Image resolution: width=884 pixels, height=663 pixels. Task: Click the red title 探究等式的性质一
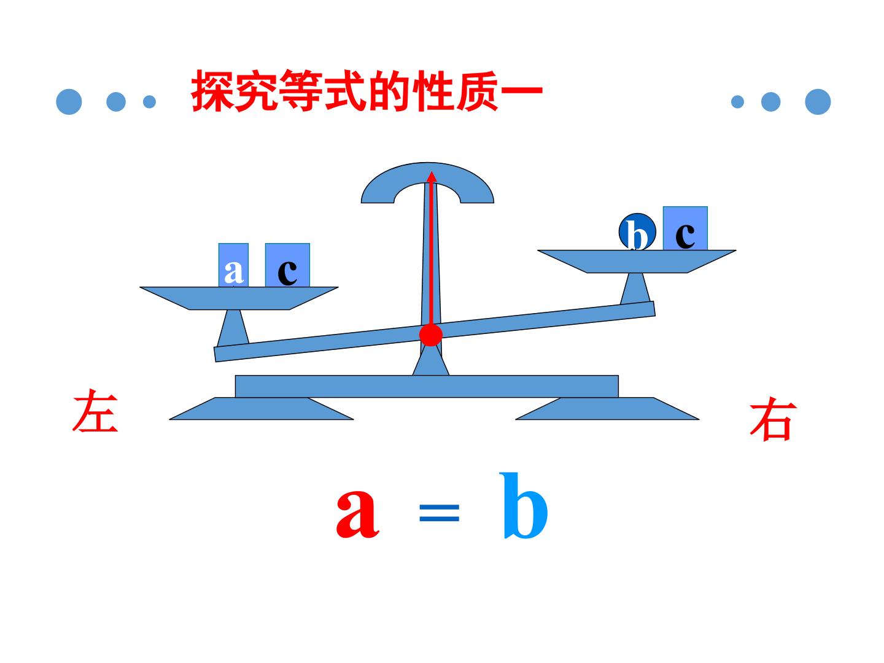[366, 91]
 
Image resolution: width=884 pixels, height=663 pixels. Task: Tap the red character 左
[95, 410]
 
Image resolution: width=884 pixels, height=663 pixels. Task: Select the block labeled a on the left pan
[233, 265]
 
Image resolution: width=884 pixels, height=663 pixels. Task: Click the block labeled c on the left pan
[287, 265]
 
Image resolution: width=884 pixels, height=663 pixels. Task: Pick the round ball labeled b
[637, 232]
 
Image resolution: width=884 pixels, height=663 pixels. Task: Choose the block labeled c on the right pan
[685, 228]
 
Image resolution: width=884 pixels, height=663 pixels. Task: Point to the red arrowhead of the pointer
[432, 176]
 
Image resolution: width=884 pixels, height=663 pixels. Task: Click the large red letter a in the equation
[357, 514]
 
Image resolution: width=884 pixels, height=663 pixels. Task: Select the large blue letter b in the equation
[524, 506]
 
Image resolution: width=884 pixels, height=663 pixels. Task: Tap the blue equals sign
[439, 513]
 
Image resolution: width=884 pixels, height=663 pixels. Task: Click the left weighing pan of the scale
[239, 298]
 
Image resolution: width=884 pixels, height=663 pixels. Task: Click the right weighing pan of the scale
[637, 262]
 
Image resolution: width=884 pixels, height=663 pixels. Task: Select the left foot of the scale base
[262, 409]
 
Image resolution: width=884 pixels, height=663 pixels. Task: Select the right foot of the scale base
[607, 409]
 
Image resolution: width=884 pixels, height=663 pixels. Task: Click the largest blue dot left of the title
[69, 102]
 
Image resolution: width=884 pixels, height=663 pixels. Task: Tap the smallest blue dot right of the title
[737, 102]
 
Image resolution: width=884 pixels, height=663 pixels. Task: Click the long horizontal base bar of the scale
[427, 387]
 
